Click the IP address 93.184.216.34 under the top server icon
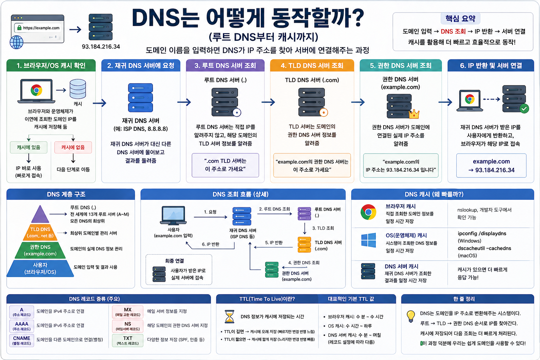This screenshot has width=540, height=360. point(101,46)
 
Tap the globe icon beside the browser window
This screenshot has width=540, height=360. point(17,42)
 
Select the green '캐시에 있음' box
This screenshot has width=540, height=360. point(28,147)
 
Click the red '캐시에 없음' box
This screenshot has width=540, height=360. point(73,147)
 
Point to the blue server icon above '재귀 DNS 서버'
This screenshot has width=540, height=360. point(141,98)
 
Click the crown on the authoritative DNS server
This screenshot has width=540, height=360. point(414,114)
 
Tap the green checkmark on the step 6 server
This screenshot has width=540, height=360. point(524,109)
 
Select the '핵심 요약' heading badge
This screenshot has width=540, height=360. point(460,18)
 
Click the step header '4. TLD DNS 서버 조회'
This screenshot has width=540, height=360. point(312,66)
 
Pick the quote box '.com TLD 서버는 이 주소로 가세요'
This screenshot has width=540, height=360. point(225,165)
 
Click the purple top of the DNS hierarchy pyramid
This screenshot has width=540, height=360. point(40,215)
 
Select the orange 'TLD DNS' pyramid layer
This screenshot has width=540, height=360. point(40,232)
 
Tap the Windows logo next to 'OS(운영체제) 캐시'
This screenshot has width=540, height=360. point(368,240)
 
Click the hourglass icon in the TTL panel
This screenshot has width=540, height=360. point(230,316)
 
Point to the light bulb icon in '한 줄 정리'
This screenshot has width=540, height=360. point(411,316)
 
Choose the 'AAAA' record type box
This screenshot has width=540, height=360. point(22,326)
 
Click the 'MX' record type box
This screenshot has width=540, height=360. point(128,312)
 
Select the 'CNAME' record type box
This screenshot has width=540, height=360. point(22,340)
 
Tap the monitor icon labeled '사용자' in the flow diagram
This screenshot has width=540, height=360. point(174,215)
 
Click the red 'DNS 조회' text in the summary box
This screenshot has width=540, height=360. point(453,31)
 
